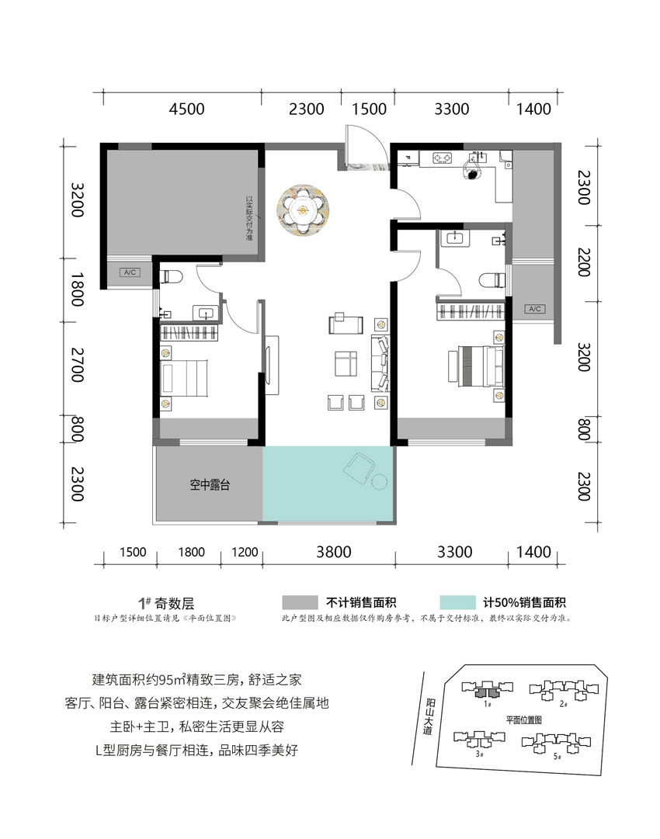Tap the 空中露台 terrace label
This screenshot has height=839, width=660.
coord(209,486)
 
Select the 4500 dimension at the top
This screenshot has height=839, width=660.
coord(186,109)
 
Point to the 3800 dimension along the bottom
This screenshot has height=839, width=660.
coord(333,553)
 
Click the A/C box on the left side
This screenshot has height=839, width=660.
coord(129,272)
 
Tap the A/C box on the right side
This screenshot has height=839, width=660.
coord(534,309)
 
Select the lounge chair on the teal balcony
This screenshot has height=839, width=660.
coord(359,467)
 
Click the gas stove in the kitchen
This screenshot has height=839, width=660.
coord(443,158)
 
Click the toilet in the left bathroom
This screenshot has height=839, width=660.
coord(173,275)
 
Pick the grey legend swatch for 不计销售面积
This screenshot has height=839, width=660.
coord(300,603)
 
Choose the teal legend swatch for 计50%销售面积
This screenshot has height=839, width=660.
coord(457,603)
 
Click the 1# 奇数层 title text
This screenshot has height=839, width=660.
coord(165,603)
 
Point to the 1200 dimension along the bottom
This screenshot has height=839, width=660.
coord(244,553)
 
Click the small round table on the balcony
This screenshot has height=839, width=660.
coord(379,482)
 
